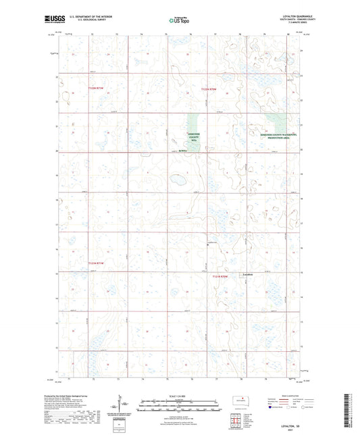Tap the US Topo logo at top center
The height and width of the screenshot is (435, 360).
179,21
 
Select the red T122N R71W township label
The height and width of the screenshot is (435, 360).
96,88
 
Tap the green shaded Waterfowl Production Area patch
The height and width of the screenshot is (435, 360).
276,122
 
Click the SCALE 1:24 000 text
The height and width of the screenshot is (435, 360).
180,395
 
